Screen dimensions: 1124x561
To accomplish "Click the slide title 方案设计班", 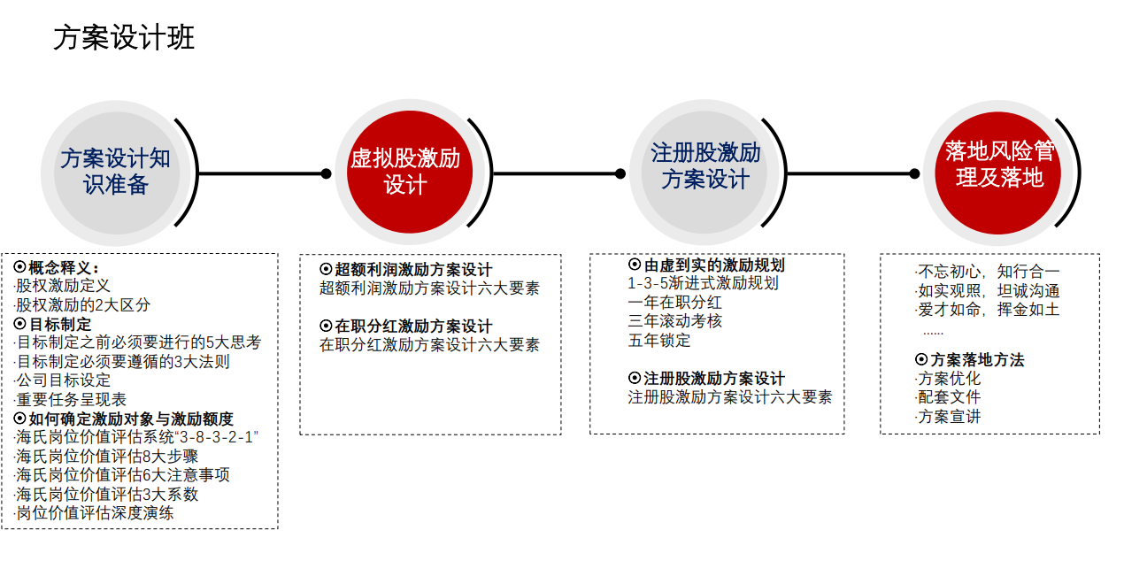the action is click(x=124, y=38).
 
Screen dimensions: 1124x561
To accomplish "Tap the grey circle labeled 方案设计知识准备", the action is click(x=117, y=173).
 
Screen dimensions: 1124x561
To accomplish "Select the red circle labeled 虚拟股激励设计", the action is click(x=410, y=173).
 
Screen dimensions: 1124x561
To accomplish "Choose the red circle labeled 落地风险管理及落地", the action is click(x=997, y=173).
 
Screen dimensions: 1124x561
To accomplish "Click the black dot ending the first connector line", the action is click(x=327, y=173).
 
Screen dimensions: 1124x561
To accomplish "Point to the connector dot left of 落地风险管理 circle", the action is click(x=914, y=173).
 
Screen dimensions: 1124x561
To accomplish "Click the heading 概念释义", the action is click(x=57, y=267).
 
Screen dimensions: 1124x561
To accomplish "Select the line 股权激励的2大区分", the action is click(x=82, y=305).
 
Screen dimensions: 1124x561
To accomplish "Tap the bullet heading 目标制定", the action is click(x=52, y=324).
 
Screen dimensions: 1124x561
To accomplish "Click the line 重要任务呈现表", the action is click(x=70, y=399).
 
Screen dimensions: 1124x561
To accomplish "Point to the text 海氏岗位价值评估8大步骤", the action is click(x=106, y=456).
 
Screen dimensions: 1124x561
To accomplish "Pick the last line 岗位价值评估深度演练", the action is click(x=94, y=513).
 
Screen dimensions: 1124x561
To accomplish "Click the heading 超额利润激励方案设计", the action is click(x=406, y=270).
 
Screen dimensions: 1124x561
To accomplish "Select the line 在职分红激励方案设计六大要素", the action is click(x=429, y=345).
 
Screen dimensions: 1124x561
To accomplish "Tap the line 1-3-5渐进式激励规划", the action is click(x=703, y=283).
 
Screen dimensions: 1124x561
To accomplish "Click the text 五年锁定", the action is click(x=659, y=341).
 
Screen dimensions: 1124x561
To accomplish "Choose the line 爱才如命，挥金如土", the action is click(x=987, y=310).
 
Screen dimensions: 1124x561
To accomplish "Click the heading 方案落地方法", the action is click(x=969, y=360).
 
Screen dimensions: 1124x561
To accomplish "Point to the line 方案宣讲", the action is click(x=947, y=417).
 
